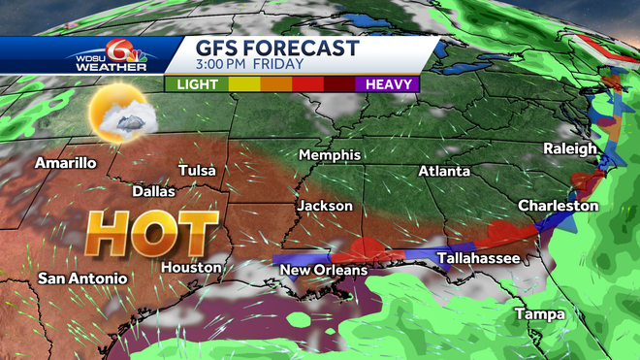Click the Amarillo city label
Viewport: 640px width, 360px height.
point(66,163)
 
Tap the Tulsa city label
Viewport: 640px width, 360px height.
point(198,172)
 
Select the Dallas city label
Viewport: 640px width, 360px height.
point(153,192)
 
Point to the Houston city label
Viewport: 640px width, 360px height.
point(185,268)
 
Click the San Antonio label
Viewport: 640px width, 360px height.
point(82,278)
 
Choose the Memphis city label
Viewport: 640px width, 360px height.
point(330,155)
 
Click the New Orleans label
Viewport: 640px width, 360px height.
point(324,270)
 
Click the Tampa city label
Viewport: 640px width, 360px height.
point(533,314)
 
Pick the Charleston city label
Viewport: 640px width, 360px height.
point(559,206)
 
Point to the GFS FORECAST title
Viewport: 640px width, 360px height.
point(277,48)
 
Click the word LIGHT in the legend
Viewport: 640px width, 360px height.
point(198,84)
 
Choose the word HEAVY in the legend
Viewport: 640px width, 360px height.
point(385,84)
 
